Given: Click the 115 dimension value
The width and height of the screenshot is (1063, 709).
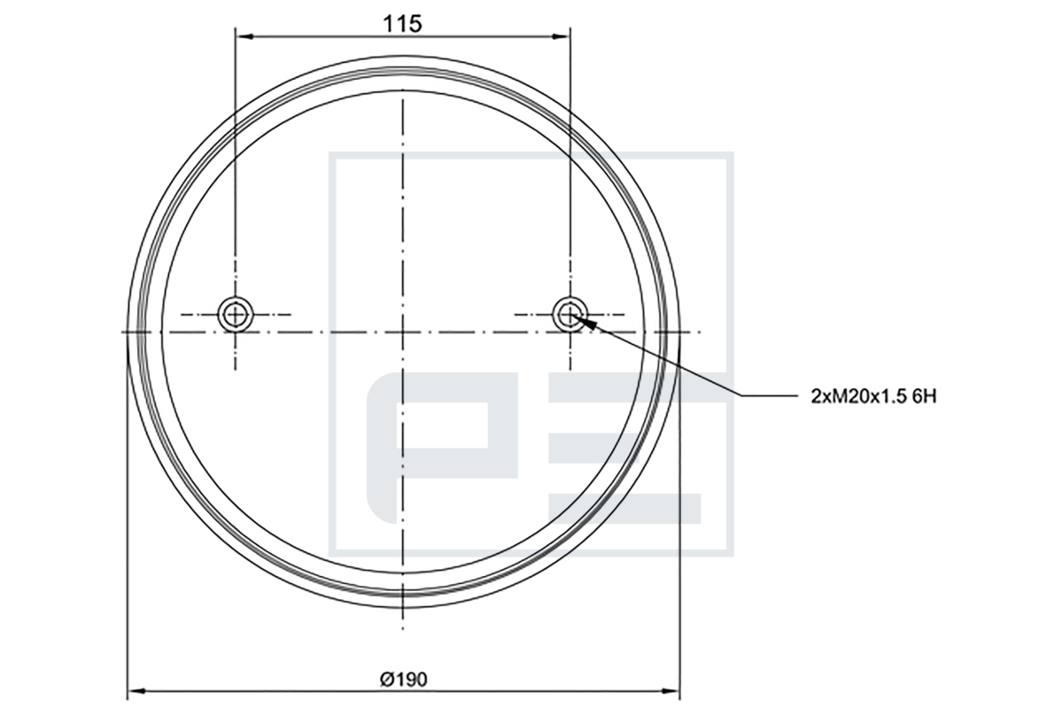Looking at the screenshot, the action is pos(402,24).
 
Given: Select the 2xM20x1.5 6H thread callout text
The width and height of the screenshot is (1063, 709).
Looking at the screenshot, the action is pos(873,396).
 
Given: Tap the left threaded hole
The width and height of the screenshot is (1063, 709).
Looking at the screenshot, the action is pos(236,315).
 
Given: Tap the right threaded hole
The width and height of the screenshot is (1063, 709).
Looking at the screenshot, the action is pos(570,315).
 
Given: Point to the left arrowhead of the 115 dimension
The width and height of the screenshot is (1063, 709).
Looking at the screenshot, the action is pos(244,36).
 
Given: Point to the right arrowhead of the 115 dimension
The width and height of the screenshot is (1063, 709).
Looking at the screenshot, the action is pos(560,36).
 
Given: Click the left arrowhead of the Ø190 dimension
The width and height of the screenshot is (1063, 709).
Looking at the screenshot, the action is pos(137,690).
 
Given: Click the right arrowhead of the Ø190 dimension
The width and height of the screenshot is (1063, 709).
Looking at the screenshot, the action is pos(670,690).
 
